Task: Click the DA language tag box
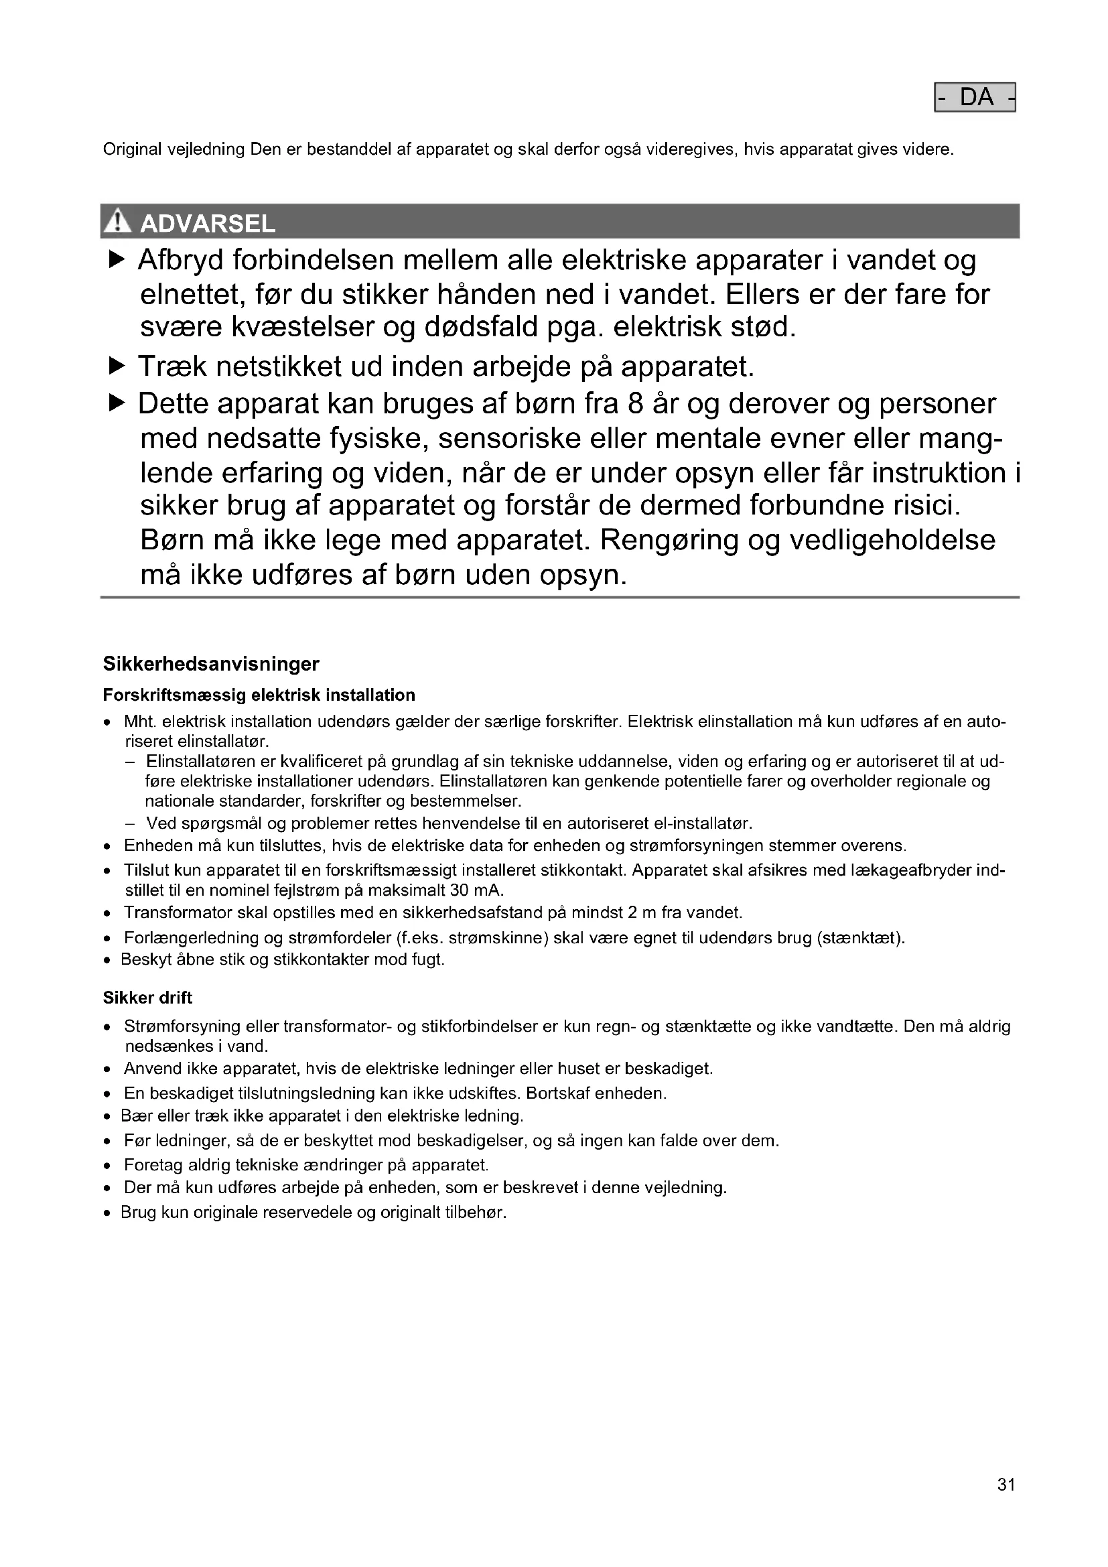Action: pyautogui.click(x=974, y=98)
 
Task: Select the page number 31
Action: pyautogui.click(x=1006, y=1485)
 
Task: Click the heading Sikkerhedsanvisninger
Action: pyautogui.click(x=211, y=663)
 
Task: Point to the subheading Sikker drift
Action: pyautogui.click(x=147, y=998)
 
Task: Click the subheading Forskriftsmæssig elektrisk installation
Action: pyautogui.click(x=259, y=695)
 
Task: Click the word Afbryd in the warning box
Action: pyautogui.click(x=180, y=260)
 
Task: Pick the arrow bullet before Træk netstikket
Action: pyautogui.click(x=117, y=367)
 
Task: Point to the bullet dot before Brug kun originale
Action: pyautogui.click(x=107, y=1213)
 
